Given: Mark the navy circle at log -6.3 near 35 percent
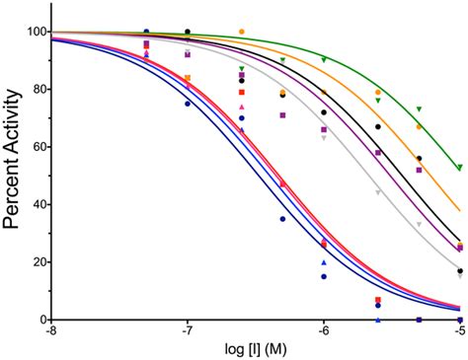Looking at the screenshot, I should tap(282, 219).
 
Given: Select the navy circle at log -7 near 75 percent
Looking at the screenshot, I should tap(188, 104).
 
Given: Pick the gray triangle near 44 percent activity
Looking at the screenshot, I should tap(378, 193).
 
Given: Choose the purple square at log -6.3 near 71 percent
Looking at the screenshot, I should tap(282, 115).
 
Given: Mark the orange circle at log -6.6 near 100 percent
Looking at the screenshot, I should tap(242, 33).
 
